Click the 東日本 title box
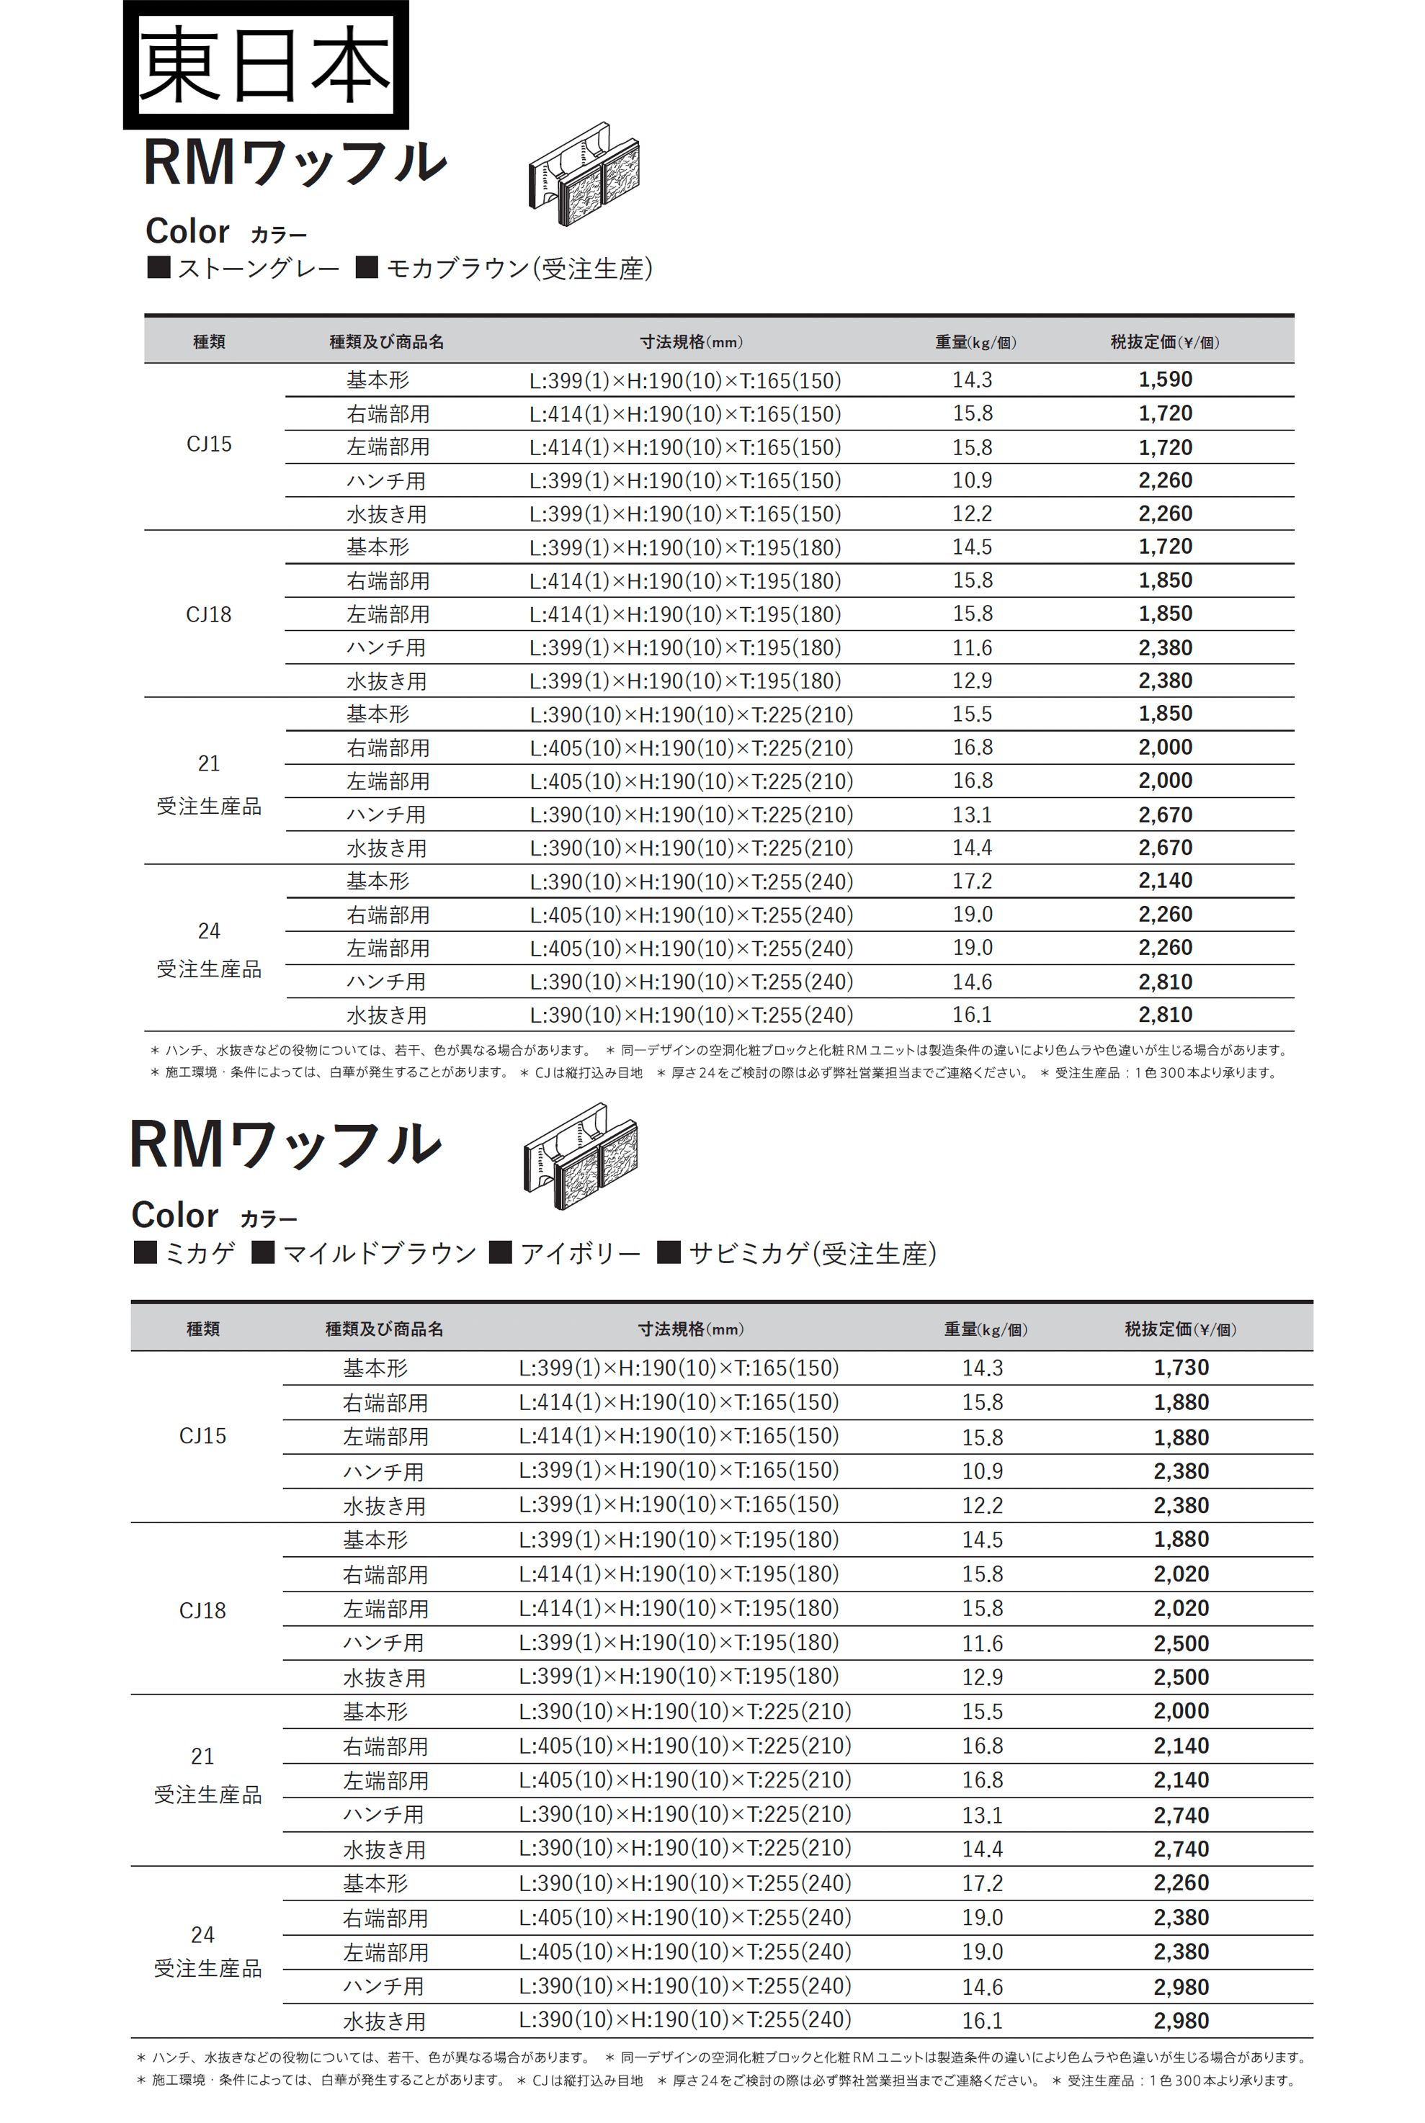[x=265, y=63]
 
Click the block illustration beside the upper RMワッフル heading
[x=584, y=175]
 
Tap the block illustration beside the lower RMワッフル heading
[x=581, y=1157]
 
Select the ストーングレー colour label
[x=258, y=269]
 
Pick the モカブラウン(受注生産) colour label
[x=519, y=269]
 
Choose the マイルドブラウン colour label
[x=379, y=1254]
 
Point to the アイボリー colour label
[x=580, y=1254]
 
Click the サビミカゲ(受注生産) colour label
[x=812, y=1254]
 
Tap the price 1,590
[x=1165, y=380]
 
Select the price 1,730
[x=1181, y=1367]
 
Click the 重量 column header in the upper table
[x=975, y=343]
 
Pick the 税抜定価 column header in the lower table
[x=1179, y=1329]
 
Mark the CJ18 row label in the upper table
[x=209, y=615]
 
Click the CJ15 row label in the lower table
[x=202, y=1436]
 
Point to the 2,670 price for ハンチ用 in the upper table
[x=1165, y=815]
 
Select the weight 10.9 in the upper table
[x=972, y=480]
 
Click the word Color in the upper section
[x=187, y=232]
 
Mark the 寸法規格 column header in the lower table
[x=689, y=1329]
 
